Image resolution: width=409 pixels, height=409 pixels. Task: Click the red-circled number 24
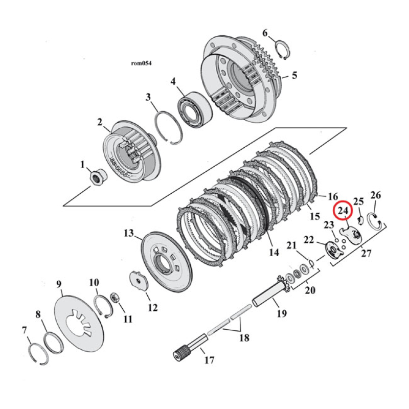[x=342, y=211]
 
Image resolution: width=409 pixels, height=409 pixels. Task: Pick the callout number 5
[x=294, y=76]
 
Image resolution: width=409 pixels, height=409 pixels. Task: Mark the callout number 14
[x=274, y=253]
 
